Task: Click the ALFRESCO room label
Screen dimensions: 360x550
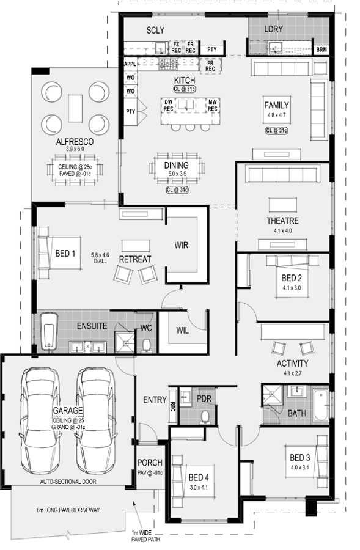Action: [x=75, y=142]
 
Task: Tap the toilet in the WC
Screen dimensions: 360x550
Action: [x=146, y=345]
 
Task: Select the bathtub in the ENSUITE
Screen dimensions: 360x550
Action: [x=48, y=331]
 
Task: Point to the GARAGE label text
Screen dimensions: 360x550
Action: [x=68, y=410]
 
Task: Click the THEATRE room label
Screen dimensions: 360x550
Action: [x=282, y=221]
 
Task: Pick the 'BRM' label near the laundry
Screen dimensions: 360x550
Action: [x=321, y=50]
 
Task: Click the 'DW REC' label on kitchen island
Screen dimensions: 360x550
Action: [x=169, y=105]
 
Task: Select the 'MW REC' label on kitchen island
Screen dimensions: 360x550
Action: [x=212, y=105]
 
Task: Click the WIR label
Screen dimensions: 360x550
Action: [x=182, y=245]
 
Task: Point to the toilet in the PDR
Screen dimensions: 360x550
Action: [x=205, y=417]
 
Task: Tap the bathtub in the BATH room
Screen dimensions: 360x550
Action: [x=320, y=405]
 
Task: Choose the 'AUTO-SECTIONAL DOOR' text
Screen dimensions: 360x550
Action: [x=68, y=482]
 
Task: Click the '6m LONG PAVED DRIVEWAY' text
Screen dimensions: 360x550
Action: [x=68, y=510]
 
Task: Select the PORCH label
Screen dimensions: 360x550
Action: [x=150, y=463]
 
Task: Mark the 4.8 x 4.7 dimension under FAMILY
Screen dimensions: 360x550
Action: [x=276, y=115]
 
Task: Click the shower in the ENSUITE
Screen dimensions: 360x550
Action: [x=125, y=342]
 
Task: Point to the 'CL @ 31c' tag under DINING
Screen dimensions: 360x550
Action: [x=177, y=190]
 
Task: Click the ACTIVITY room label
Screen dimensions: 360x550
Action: [x=293, y=364]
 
